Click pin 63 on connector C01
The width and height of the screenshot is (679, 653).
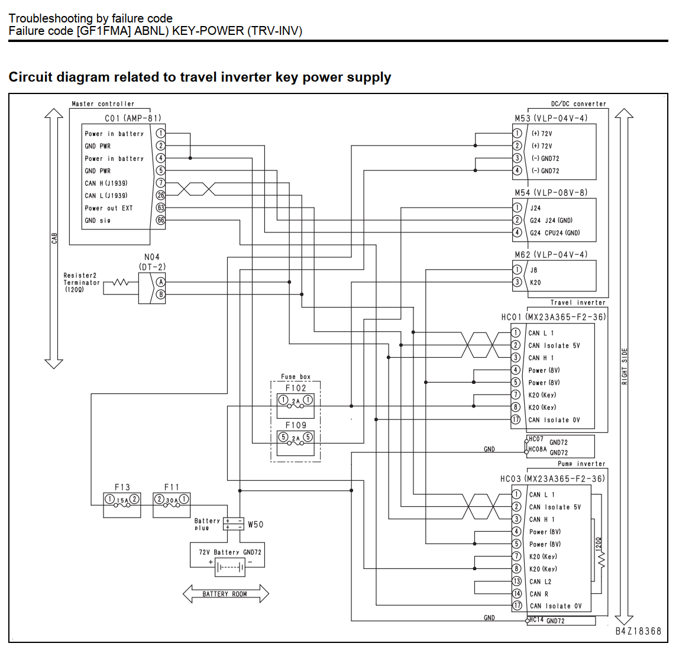click(161, 208)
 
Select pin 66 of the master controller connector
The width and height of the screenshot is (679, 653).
click(161, 221)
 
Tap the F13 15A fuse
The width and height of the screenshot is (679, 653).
click(122, 500)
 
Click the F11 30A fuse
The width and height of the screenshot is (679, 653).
click(172, 500)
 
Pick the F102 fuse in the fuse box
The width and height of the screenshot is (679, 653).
click(295, 402)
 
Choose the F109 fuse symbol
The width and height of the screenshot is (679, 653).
click(295, 438)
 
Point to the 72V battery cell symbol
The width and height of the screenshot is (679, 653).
click(230, 567)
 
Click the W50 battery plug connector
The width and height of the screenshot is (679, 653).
click(234, 524)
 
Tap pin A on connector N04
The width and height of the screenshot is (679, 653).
click(161, 282)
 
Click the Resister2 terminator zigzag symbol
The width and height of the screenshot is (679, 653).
click(121, 283)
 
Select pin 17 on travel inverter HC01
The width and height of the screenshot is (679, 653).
click(515, 419)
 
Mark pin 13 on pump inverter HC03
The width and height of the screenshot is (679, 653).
click(516, 581)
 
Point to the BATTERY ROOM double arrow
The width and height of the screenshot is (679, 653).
click(225, 594)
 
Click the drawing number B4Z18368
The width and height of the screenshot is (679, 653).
click(639, 631)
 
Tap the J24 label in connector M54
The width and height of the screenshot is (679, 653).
click(535, 208)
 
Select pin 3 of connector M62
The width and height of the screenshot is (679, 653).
click(517, 282)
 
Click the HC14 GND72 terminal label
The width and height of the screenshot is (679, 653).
click(547, 620)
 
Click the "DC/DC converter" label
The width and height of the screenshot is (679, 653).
click(578, 104)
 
